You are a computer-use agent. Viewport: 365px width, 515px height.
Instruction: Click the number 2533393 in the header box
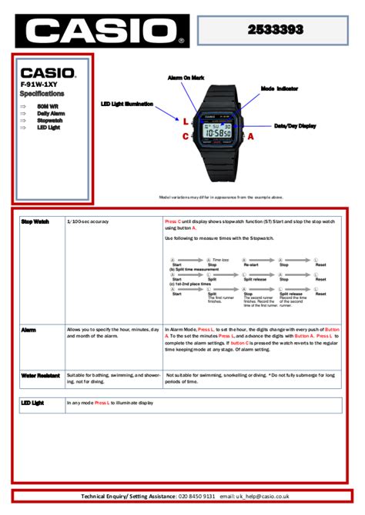[275, 29]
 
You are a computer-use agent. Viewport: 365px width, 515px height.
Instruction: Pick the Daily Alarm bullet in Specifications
[51, 113]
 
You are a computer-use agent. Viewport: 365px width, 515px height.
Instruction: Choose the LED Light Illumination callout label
[127, 104]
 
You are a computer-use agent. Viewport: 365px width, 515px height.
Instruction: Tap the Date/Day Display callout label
[295, 125]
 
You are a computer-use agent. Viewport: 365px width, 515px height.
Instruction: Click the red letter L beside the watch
[186, 121]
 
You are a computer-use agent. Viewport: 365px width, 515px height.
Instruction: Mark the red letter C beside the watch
[186, 136]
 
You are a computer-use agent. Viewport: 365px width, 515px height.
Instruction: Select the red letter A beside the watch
[251, 135]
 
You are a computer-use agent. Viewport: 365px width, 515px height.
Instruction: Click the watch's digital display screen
[218, 131]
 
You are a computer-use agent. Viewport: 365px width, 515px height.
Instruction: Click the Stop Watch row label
[35, 221]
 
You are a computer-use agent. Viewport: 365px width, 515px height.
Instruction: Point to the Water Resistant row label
[41, 375]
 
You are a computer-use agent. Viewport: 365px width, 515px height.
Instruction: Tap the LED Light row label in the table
[33, 403]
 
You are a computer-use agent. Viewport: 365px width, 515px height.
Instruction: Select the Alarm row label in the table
[28, 329]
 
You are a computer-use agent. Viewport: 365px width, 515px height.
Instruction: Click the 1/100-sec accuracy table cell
[88, 221]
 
